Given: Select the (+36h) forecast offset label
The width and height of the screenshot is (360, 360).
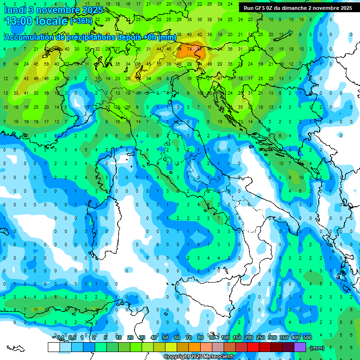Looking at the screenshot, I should (x=81, y=21).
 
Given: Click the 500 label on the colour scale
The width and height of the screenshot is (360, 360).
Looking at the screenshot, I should (x=307, y=338).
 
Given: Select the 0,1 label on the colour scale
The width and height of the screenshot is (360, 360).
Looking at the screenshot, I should (x=60, y=338).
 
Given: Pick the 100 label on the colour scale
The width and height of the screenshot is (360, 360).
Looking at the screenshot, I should (x=225, y=338).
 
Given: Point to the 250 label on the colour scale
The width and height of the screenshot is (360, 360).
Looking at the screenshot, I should (x=261, y=338).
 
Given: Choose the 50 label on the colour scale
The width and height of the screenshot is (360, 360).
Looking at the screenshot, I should (x=165, y=338).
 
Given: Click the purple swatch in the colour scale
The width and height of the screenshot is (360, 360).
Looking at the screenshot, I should (x=300, y=347).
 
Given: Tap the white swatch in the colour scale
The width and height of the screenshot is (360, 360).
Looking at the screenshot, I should (x=53, y=347).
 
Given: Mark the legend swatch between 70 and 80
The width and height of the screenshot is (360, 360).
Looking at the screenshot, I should (x=195, y=347).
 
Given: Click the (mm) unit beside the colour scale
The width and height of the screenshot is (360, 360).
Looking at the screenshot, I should (x=317, y=348).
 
